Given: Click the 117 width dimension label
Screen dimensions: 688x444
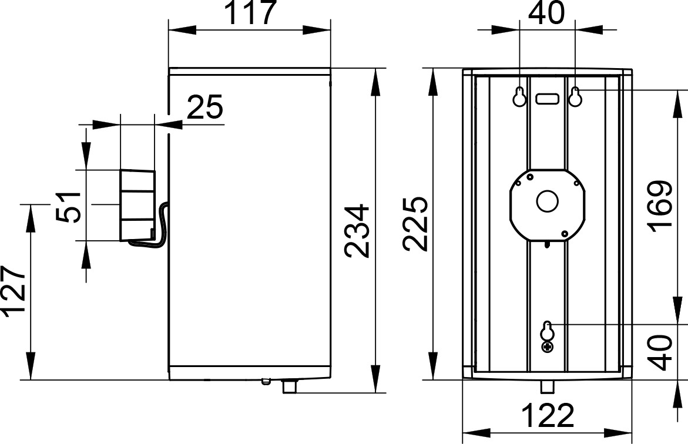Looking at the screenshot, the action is pyautogui.click(x=250, y=12).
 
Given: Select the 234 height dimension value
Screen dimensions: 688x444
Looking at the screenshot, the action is pyautogui.click(x=357, y=231).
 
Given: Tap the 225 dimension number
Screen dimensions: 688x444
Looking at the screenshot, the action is pyautogui.click(x=415, y=224).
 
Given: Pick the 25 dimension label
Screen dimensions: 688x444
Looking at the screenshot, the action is pyautogui.click(x=205, y=107).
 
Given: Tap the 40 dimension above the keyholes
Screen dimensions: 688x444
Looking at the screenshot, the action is pyautogui.click(x=546, y=13).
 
